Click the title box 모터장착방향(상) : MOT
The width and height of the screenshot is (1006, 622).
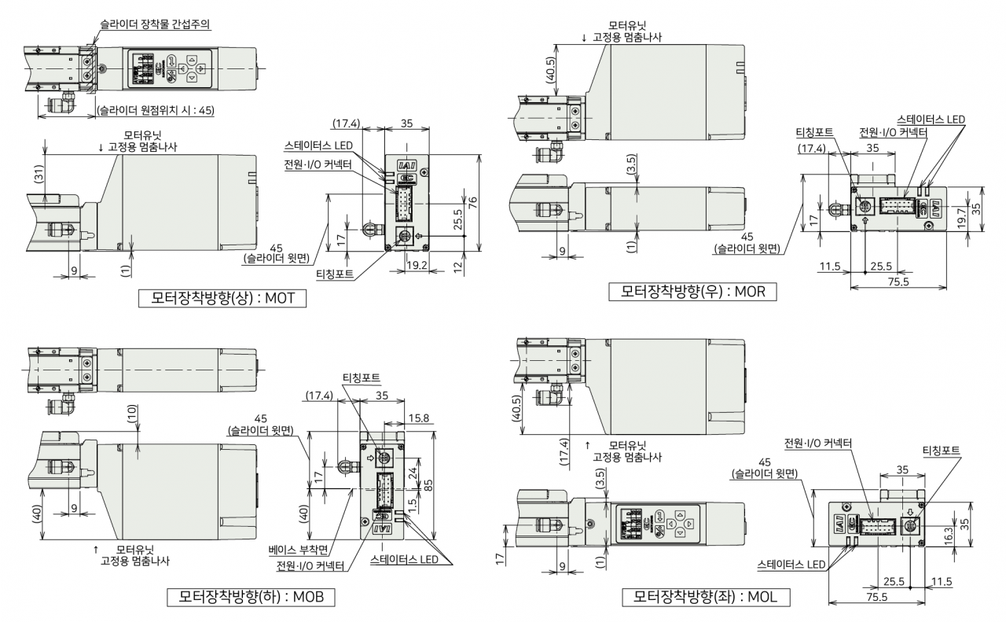[222, 298]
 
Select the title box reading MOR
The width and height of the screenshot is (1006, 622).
[692, 292]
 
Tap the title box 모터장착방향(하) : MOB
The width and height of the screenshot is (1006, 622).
[251, 597]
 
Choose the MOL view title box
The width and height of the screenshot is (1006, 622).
[706, 597]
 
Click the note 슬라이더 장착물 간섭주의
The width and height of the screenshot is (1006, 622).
[155, 24]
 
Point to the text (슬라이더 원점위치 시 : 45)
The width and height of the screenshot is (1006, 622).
[156, 110]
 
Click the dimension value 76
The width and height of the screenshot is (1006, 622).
[472, 203]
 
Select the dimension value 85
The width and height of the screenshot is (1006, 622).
[428, 485]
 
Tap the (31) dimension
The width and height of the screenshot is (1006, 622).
[39, 174]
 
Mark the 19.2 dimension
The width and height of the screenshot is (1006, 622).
[417, 265]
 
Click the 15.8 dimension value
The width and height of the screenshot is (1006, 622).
[419, 418]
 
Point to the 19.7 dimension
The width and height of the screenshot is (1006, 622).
[960, 218]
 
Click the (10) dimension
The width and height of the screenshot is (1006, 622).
[132, 414]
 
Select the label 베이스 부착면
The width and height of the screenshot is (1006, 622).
[298, 550]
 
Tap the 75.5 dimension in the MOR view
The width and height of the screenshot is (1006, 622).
[898, 282]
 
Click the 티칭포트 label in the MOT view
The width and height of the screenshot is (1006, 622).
[335, 274]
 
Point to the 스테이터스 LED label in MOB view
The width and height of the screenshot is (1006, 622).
[404, 560]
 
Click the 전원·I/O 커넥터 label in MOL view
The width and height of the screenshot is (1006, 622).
[818, 443]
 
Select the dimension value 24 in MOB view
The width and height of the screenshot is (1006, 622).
[413, 473]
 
